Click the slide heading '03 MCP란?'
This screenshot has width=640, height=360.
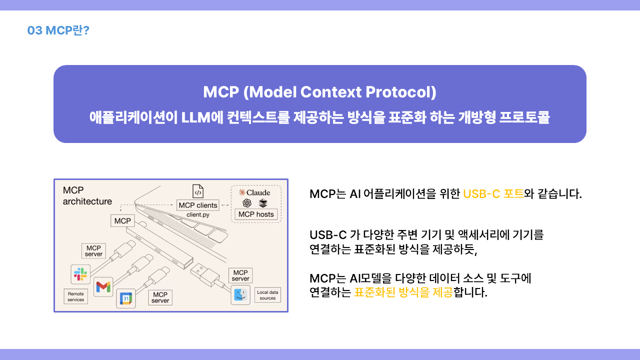[x=58, y=30]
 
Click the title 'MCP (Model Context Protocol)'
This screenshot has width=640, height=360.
[x=319, y=92]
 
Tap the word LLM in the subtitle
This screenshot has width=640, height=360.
[x=195, y=117]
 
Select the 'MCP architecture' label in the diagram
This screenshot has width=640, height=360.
[x=87, y=195]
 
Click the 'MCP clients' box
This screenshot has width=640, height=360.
[x=197, y=205]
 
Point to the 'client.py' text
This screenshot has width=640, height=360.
[x=197, y=214]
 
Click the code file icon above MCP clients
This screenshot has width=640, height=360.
[x=198, y=191]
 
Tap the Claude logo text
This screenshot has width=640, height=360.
[x=254, y=192]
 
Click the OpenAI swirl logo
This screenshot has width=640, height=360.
[x=247, y=203]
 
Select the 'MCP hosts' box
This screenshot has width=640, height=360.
[x=256, y=214]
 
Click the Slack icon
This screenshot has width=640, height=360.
[x=80, y=274]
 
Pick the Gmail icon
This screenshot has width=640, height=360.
[x=103, y=287]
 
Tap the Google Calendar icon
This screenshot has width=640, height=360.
[x=126, y=298]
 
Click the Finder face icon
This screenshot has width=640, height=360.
[x=240, y=295]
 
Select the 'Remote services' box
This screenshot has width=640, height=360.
[x=75, y=296]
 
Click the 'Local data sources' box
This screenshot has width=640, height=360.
[x=267, y=295]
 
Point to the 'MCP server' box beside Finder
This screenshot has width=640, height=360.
[x=240, y=275]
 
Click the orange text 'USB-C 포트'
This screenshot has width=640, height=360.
[x=493, y=194]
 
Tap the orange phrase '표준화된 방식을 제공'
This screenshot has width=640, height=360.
[x=403, y=292]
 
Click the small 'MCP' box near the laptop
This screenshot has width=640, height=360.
[x=122, y=221]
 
